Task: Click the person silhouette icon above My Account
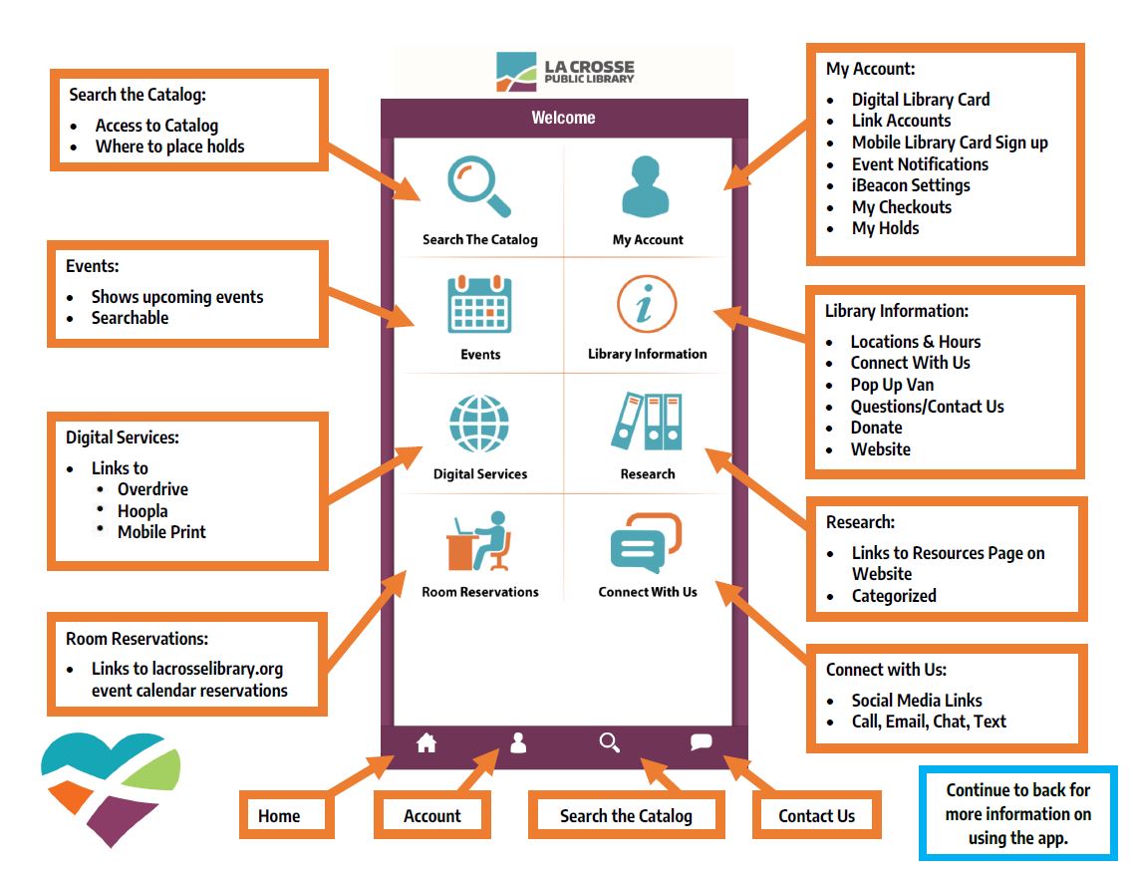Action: (647, 187)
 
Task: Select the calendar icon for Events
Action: (479, 304)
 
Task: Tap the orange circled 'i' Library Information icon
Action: (647, 304)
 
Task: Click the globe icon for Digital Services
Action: (479, 425)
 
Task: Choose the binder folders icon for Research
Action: (647, 423)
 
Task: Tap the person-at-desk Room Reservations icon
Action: (478, 541)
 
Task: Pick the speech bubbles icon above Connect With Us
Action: (646, 542)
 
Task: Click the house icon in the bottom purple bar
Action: (426, 742)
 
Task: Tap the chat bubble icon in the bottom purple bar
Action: (702, 742)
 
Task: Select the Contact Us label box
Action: (817, 815)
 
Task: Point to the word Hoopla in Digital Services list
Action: (142, 511)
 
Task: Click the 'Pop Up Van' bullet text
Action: (892, 385)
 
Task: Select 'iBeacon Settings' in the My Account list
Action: (910, 185)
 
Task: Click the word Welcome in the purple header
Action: (563, 118)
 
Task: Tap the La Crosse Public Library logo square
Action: (516, 72)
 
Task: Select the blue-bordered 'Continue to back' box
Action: (1017, 813)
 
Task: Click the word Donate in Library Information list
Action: (876, 428)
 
